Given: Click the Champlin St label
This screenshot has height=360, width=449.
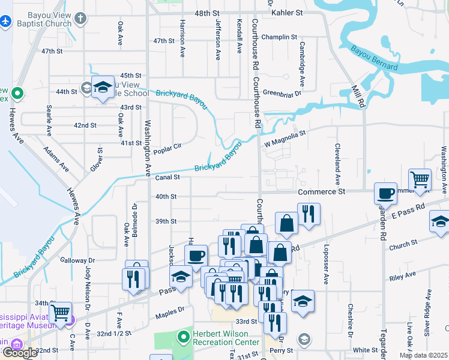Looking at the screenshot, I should tap(279, 37).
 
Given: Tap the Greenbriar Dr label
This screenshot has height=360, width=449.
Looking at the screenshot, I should tap(282, 93).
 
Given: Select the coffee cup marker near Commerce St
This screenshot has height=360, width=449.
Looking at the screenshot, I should tap(385, 194).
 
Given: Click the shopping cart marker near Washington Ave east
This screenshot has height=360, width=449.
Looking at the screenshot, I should tap(420, 179).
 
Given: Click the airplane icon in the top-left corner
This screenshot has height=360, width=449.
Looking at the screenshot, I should tap(6, 21).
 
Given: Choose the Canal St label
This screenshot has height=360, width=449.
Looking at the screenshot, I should tap(168, 178).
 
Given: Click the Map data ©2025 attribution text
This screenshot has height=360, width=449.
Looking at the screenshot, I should tap(423, 355).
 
